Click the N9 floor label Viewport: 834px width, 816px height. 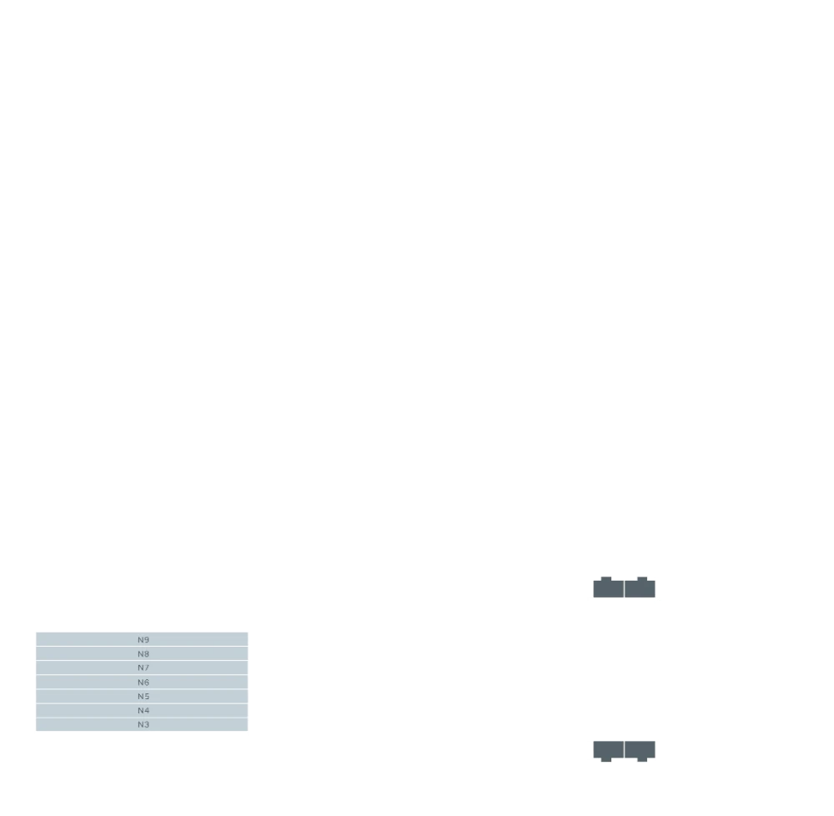[x=143, y=640]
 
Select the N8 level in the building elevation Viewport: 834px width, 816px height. [x=143, y=654]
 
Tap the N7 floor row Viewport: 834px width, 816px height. [x=143, y=668]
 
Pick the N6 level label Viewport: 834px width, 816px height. [x=143, y=683]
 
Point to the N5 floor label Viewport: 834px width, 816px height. [x=143, y=697]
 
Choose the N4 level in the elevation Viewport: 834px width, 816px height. [x=143, y=710]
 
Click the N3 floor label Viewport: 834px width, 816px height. [x=143, y=724]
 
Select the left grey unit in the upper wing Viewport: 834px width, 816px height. [x=608, y=588]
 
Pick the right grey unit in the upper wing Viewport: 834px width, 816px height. [x=640, y=588]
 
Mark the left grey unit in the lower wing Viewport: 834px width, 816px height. [x=608, y=748]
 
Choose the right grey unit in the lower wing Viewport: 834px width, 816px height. [x=640, y=748]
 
